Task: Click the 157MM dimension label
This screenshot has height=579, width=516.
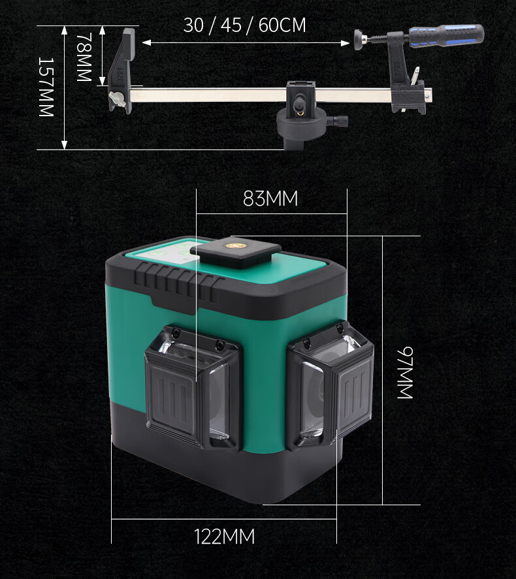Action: coord(46,87)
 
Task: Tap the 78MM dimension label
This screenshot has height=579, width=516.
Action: coord(84,57)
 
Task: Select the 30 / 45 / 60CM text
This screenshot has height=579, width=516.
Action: coord(244,25)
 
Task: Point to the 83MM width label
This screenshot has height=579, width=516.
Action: coord(270,198)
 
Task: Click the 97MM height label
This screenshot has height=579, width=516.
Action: coord(405,373)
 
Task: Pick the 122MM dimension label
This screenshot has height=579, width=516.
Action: coord(225,537)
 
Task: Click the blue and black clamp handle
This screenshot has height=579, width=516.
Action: coord(446,35)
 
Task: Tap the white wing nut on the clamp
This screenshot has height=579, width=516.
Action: coord(116,99)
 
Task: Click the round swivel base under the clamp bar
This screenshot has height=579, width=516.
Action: coord(301,125)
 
